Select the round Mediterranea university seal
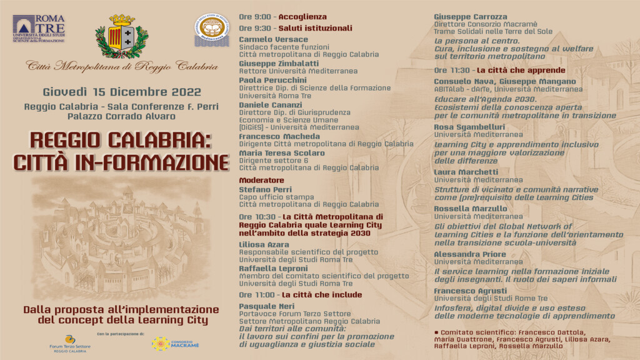[x=211, y=29]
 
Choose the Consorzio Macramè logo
[x=176, y=343]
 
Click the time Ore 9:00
[x=255, y=17]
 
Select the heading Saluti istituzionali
[x=315, y=28]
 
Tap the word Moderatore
[x=261, y=180]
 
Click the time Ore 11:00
[x=257, y=294]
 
